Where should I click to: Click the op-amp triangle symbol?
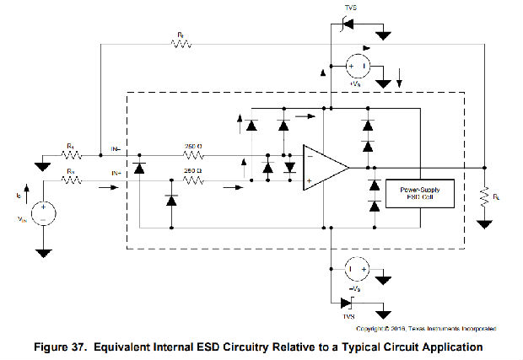[325, 167]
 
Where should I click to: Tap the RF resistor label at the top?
[180, 35]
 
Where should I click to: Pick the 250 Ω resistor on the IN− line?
[194, 155]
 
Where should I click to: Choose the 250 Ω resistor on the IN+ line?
[194, 180]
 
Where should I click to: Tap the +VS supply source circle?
[357, 64]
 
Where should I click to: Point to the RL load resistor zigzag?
[485, 199]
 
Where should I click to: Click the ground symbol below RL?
[485, 224]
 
